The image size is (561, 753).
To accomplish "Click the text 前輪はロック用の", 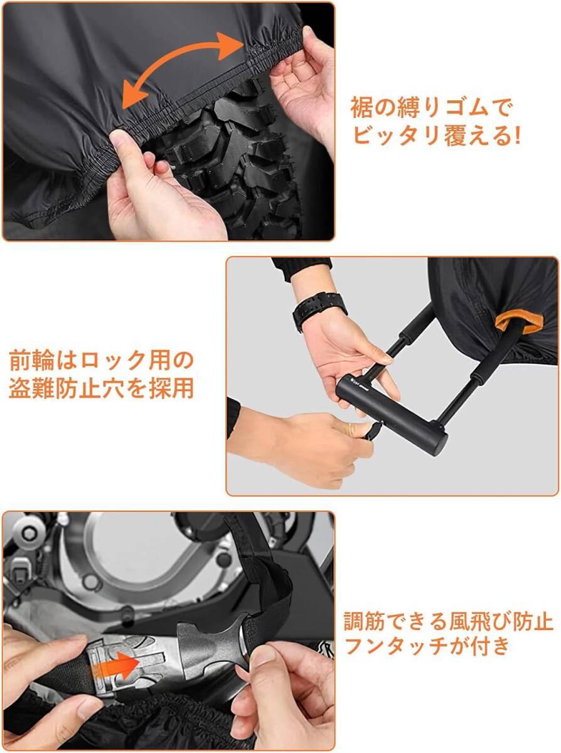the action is tap(101, 361).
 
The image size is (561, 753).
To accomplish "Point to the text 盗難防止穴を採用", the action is tap(101, 388).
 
